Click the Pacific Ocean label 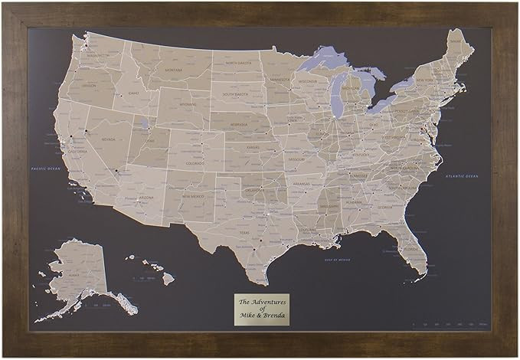click(45, 168)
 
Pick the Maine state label click(456, 42)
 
